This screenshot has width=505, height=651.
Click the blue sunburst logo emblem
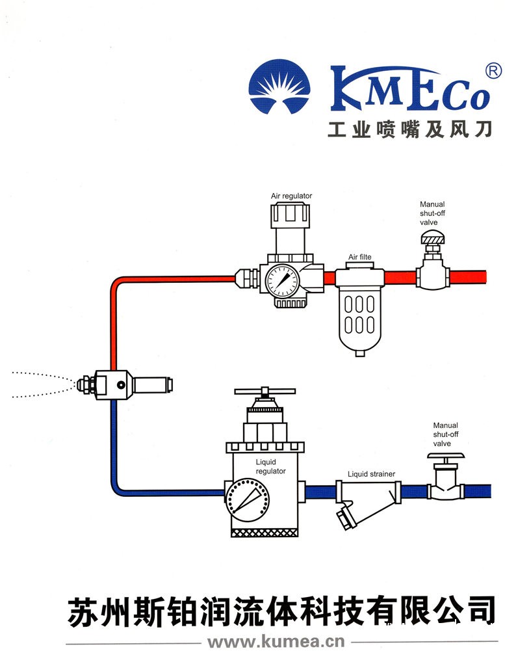(280, 87)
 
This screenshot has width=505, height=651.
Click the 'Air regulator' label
(291, 196)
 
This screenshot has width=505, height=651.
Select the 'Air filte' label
(359, 258)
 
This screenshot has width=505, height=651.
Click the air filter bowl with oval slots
(359, 319)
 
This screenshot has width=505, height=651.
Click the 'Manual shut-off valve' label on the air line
(432, 213)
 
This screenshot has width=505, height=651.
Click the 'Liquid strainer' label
(371, 474)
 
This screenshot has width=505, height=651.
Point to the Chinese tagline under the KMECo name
(409, 129)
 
